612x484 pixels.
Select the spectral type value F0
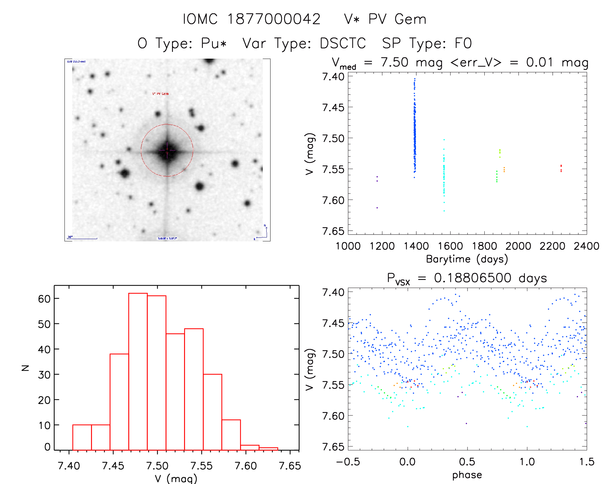point(463,43)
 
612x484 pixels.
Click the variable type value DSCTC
point(343,43)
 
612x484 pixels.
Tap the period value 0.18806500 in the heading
point(473,278)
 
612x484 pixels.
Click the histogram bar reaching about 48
point(194,389)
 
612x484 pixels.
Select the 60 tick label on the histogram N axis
point(44,299)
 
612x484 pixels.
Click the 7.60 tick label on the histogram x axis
point(246,466)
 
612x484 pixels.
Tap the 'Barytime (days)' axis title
point(467,259)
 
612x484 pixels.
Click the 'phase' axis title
point(467,475)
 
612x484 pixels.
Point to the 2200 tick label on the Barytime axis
point(552,246)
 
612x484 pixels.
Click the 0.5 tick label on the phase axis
point(467,462)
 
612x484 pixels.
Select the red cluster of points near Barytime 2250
point(561,168)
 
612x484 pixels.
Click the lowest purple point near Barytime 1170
point(377,208)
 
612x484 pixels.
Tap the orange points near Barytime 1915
point(504,169)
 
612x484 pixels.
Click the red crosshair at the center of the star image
point(167,151)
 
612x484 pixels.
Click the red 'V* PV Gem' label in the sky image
point(160,94)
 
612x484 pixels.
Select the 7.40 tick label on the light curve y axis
point(333,77)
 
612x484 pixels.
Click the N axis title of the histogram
point(25,368)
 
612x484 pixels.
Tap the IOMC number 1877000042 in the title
point(274,19)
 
